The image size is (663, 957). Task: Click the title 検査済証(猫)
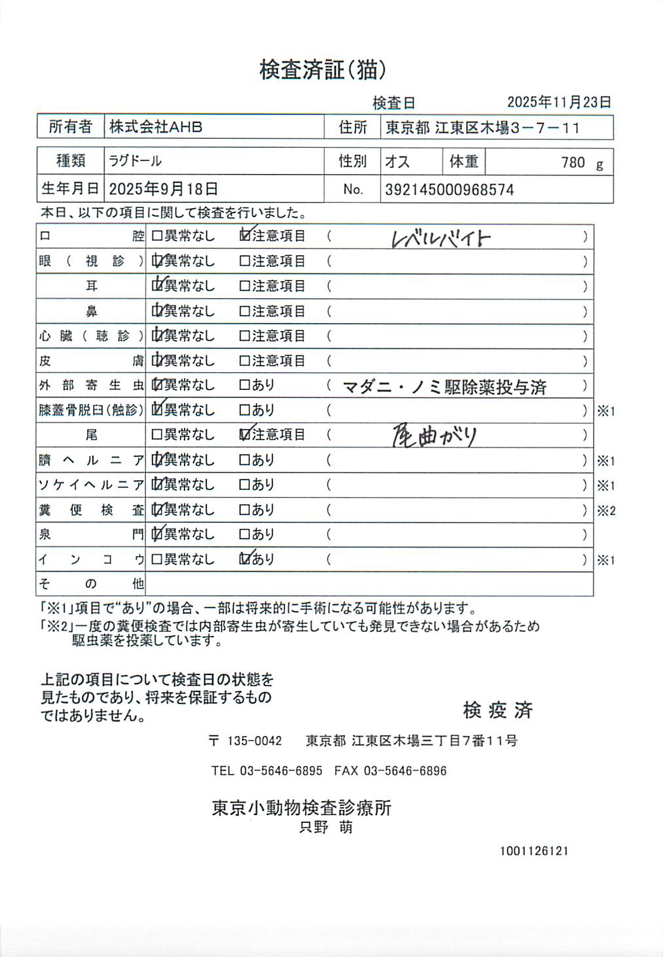(322, 69)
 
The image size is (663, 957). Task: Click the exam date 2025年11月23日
(559, 102)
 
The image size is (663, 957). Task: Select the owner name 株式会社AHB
(156, 127)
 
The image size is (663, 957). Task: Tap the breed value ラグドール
(135, 161)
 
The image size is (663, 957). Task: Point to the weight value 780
(573, 162)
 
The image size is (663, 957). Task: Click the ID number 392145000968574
(449, 190)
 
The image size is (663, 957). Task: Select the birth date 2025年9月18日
(163, 189)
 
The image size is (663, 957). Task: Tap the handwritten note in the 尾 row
(434, 436)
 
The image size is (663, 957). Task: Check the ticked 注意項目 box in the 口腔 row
(245, 235)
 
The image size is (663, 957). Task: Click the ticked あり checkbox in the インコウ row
(245, 559)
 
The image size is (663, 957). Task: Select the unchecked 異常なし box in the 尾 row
(157, 435)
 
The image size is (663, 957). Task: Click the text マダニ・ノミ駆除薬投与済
(444, 387)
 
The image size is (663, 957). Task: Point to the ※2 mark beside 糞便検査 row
(606, 511)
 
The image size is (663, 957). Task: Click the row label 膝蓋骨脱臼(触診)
(90, 410)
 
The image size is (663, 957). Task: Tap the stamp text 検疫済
(498, 710)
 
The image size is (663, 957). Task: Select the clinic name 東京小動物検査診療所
(302, 808)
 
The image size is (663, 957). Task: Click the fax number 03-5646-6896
(404, 771)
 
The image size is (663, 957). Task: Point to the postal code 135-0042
(255, 741)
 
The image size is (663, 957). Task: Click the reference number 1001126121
(534, 851)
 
